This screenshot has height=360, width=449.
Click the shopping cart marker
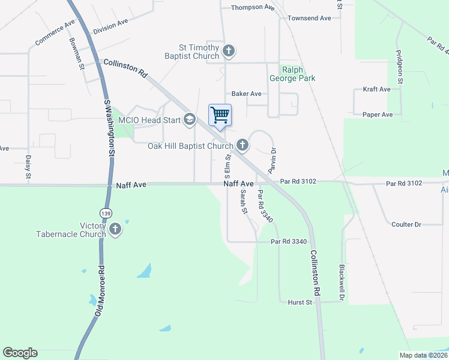pos(220,115)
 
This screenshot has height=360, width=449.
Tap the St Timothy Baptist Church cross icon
pos(228,51)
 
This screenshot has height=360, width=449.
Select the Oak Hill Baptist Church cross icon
pos(243,145)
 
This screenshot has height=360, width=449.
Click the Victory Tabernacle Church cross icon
pos(115,229)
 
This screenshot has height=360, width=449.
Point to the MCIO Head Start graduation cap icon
pos(190,120)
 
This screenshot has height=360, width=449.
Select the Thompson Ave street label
pos(253,7)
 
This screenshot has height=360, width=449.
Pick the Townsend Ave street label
pos(309,19)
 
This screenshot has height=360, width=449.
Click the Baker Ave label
pos(247,94)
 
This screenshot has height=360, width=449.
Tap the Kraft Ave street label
pos(377,89)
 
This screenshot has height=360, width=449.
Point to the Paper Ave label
pos(378,115)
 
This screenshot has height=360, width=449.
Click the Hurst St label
pos(300,302)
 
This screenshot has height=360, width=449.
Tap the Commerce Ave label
pos(55,32)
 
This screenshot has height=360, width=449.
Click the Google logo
pos(20,353)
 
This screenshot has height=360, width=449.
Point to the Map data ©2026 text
pos(423,356)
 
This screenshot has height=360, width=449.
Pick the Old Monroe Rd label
pos(100,291)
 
